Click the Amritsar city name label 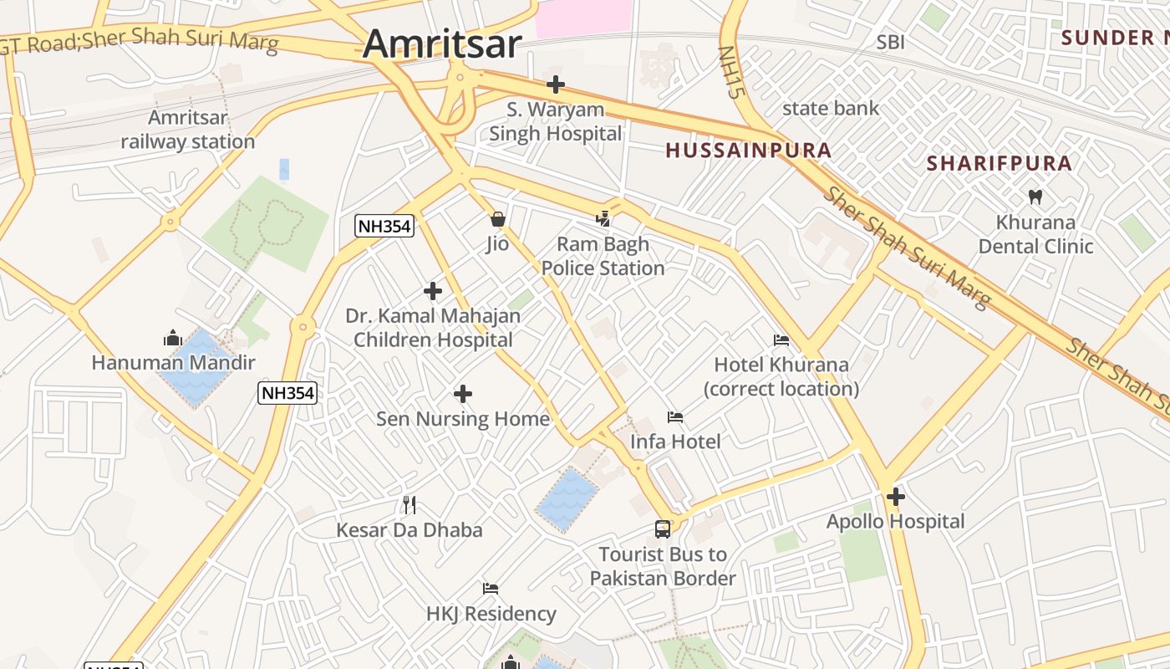pos(442,43)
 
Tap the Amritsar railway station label pos(187,130)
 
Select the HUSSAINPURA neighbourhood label pos(748,151)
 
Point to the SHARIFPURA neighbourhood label pos(1000,163)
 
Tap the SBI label pos(890,42)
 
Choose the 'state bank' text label pos(830,108)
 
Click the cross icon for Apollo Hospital pos(896,498)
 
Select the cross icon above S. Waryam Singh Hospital pos(556,84)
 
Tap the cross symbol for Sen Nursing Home pos(463,394)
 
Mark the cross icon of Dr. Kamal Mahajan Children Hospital pos(433,291)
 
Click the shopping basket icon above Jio pos(498,220)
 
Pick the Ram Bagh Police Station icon pos(603,220)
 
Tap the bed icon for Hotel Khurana pos(781,340)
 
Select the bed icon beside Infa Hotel pos(675,417)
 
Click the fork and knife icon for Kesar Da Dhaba pos(409,504)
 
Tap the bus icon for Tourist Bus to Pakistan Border pos(663,529)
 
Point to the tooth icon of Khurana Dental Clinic pos(1035,197)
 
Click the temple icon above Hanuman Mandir pos(173,338)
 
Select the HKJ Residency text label pos(491,614)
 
